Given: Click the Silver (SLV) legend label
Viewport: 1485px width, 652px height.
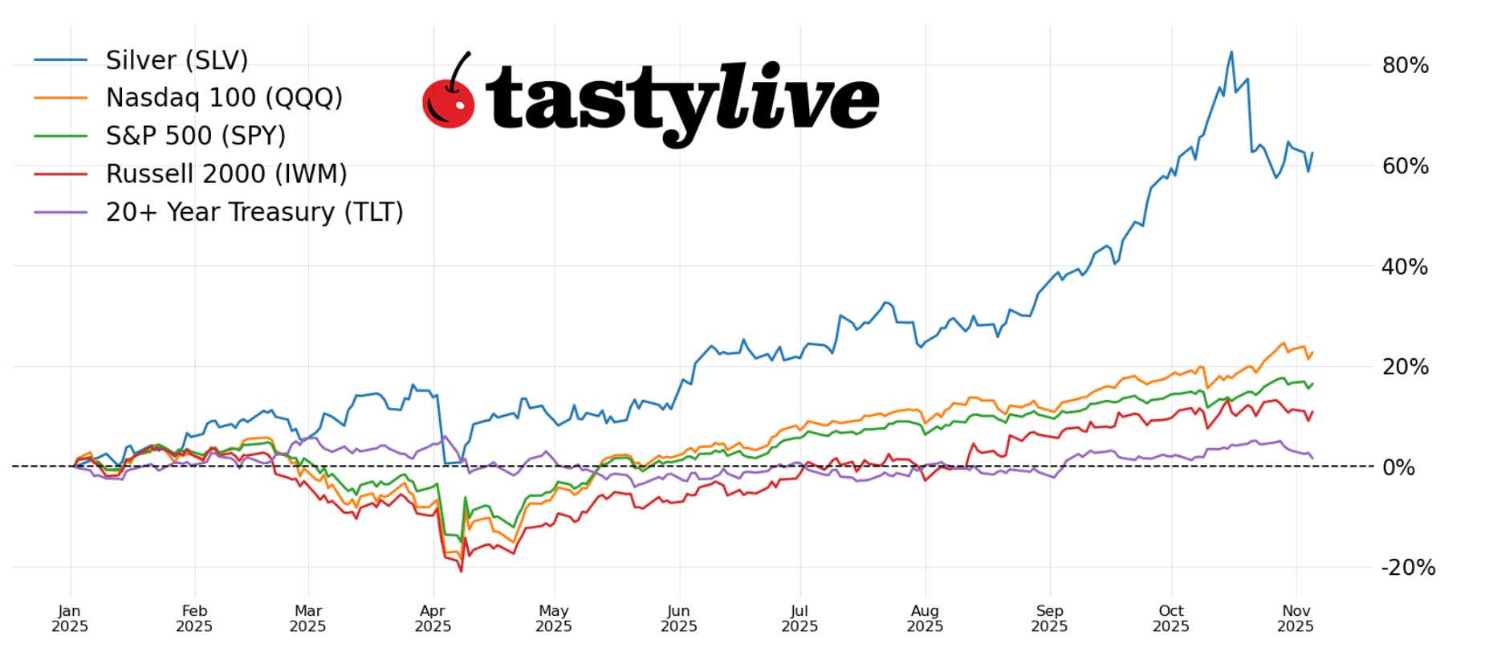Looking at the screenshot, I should pos(177,60).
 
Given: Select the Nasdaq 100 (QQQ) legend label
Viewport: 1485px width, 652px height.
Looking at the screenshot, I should pos(224,98).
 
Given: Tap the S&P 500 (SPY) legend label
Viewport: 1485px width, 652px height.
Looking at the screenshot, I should pos(195,136).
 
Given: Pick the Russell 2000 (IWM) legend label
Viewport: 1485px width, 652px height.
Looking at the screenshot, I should pos(226,173).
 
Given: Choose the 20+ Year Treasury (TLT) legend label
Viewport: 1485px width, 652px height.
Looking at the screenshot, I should pos(254,212).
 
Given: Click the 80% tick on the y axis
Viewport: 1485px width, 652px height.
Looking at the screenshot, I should pos(1405,66).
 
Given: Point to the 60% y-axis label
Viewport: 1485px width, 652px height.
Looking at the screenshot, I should pos(1405,166).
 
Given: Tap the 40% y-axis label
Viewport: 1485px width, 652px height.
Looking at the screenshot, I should pos(1405,267).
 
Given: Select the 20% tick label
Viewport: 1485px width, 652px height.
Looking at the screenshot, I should pos(1405,367).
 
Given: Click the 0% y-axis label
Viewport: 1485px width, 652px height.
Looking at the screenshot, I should pos(1398,467).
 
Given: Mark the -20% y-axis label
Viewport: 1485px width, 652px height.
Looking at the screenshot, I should pos(1407,568).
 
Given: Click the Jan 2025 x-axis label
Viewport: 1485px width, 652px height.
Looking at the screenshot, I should pos(70,618).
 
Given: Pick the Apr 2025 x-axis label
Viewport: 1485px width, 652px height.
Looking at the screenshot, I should pos(433,618).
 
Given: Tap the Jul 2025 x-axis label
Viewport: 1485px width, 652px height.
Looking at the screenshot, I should pos(799,618).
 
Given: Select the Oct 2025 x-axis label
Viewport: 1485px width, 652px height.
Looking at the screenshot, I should pos(1171,618).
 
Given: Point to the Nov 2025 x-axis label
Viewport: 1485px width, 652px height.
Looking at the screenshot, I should pos(1296,618).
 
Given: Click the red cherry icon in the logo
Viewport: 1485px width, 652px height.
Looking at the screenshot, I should pos(448,103).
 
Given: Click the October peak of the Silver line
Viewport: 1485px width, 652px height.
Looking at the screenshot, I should pos(1231,53).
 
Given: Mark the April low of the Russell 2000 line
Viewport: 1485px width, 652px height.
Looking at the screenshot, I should pos(461,571).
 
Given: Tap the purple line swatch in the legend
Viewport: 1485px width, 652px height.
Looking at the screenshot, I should pos(61,212).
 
